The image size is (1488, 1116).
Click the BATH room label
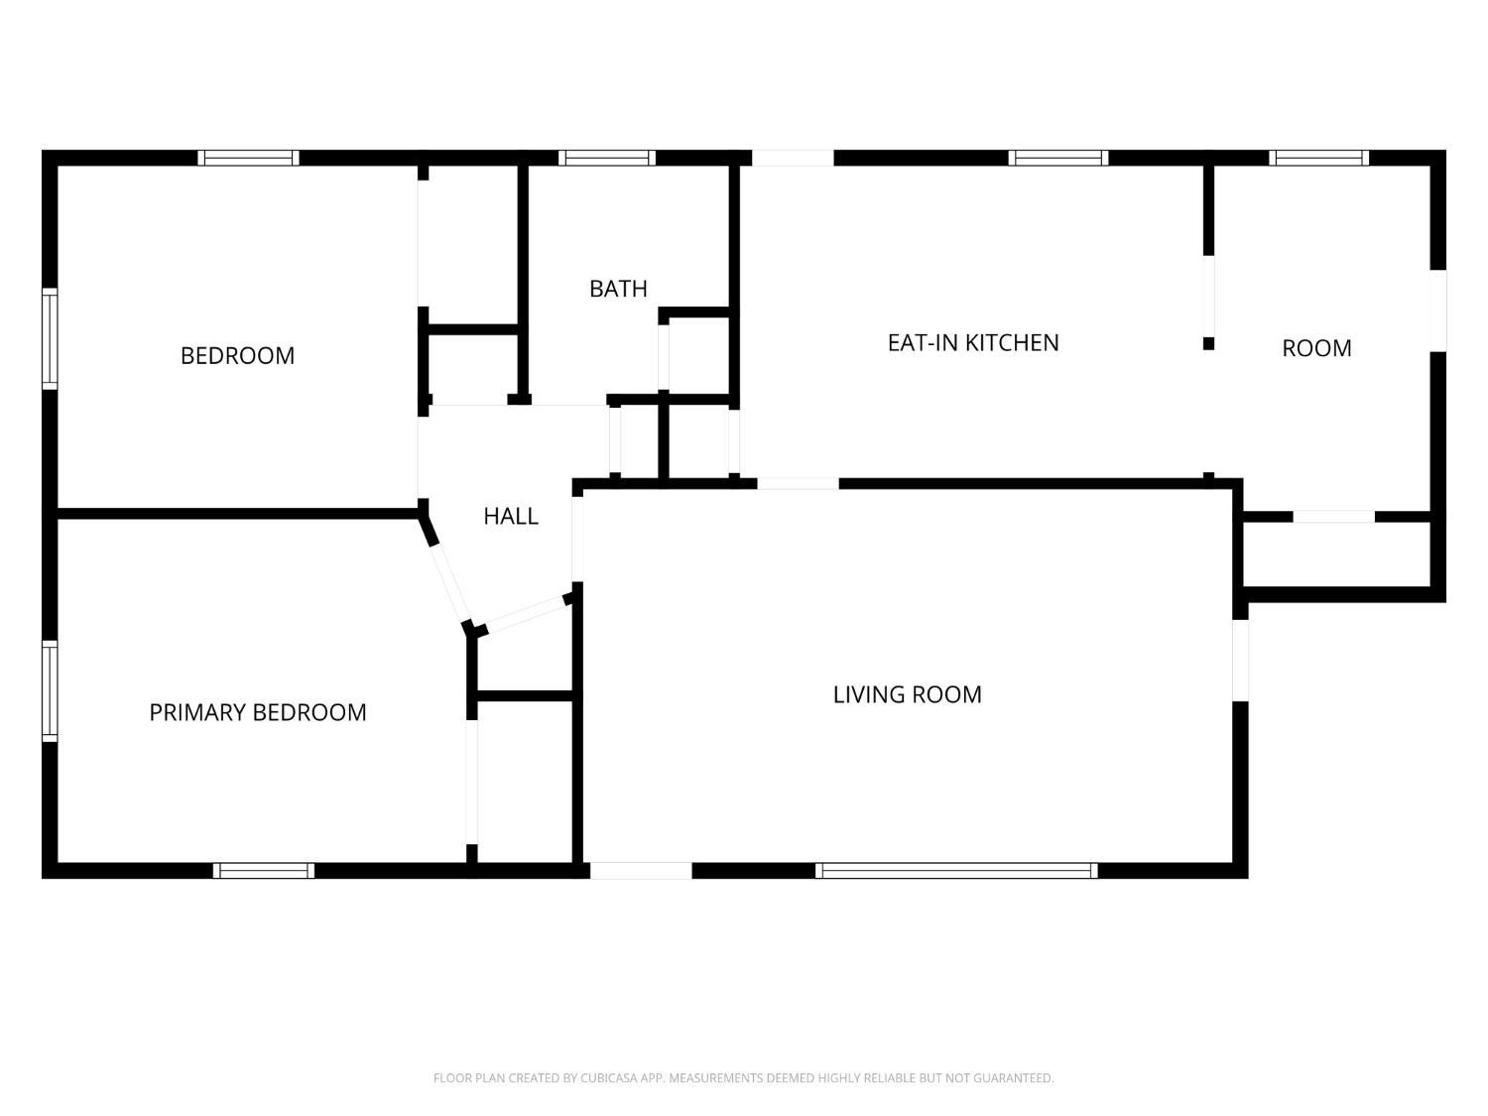pos(618,289)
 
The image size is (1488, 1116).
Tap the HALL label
pos(511,516)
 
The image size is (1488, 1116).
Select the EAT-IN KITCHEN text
pos(972,342)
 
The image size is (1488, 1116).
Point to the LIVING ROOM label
pos(907,694)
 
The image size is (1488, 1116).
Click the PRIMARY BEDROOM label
pos(258,712)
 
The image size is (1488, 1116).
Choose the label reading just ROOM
pos(1316,348)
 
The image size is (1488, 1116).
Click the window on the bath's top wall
pos(606,158)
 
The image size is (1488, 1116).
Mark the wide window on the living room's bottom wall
pos(956,871)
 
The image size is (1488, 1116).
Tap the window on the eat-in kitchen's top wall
pos(1057,158)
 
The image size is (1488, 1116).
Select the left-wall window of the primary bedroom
pos(50,690)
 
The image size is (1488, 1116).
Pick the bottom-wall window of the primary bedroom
pos(264,871)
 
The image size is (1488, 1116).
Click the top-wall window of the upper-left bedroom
pos(248,158)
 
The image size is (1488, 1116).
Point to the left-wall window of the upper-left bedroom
pos(50,338)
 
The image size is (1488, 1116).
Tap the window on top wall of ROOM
pos(1318,158)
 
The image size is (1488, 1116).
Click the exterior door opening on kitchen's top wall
pos(793,158)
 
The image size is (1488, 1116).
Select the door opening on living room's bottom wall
pos(641,871)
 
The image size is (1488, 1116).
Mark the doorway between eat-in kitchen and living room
pos(798,484)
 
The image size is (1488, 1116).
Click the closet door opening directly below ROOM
pos(1333,517)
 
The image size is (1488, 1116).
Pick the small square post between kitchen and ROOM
pos(1208,343)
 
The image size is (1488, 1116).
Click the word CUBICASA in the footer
pos(606,1078)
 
